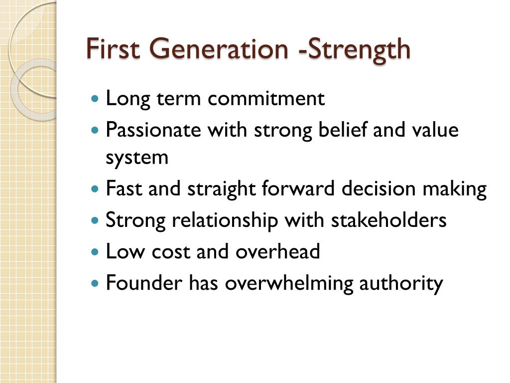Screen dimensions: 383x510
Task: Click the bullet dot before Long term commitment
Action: pos(96,99)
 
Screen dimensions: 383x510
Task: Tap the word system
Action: pos(137,158)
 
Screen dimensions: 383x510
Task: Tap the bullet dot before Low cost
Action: pos(96,252)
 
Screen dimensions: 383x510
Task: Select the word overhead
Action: pos(277,251)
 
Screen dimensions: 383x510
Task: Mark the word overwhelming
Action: pos(289,283)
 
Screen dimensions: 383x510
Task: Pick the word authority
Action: pos(401,283)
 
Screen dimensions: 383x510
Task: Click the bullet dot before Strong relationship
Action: pos(96,221)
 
